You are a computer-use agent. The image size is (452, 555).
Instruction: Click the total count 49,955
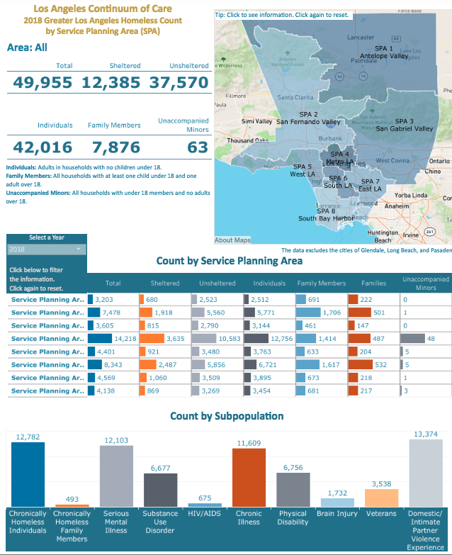[x=42, y=83]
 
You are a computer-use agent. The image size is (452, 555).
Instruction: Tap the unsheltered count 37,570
[x=179, y=83]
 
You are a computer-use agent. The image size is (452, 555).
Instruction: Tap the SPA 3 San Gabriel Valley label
[x=404, y=125]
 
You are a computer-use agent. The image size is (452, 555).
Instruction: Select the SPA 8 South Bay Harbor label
[x=325, y=215]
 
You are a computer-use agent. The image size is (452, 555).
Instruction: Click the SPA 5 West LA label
[x=303, y=170]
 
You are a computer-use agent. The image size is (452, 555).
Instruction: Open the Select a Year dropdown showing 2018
[x=47, y=250]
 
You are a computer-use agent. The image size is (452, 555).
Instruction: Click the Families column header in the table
[x=373, y=283]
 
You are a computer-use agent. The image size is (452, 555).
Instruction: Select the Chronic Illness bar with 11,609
[x=249, y=477]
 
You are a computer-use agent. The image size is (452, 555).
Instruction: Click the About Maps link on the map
[x=233, y=240]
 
